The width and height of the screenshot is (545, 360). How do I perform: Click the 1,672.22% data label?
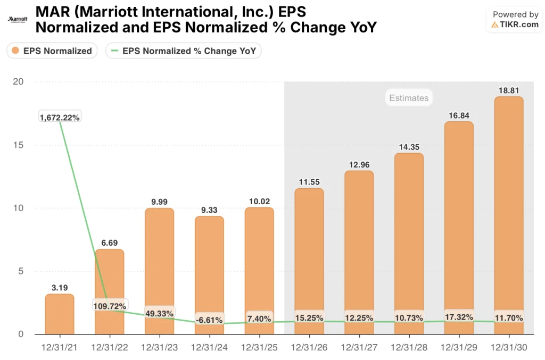(60, 118)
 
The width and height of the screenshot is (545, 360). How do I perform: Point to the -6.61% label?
(209, 320)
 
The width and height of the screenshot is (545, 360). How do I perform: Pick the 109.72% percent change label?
(109, 306)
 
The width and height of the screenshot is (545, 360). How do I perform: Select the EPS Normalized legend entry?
(52, 51)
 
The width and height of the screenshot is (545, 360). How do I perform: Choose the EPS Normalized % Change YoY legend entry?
(184, 51)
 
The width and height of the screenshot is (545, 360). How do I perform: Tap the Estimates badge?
(408, 98)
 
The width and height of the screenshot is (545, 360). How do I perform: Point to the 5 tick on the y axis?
(21, 271)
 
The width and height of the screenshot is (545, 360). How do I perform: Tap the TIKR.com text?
(518, 24)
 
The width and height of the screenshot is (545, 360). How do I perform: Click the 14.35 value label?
(409, 146)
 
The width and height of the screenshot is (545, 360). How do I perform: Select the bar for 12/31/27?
(359, 250)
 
